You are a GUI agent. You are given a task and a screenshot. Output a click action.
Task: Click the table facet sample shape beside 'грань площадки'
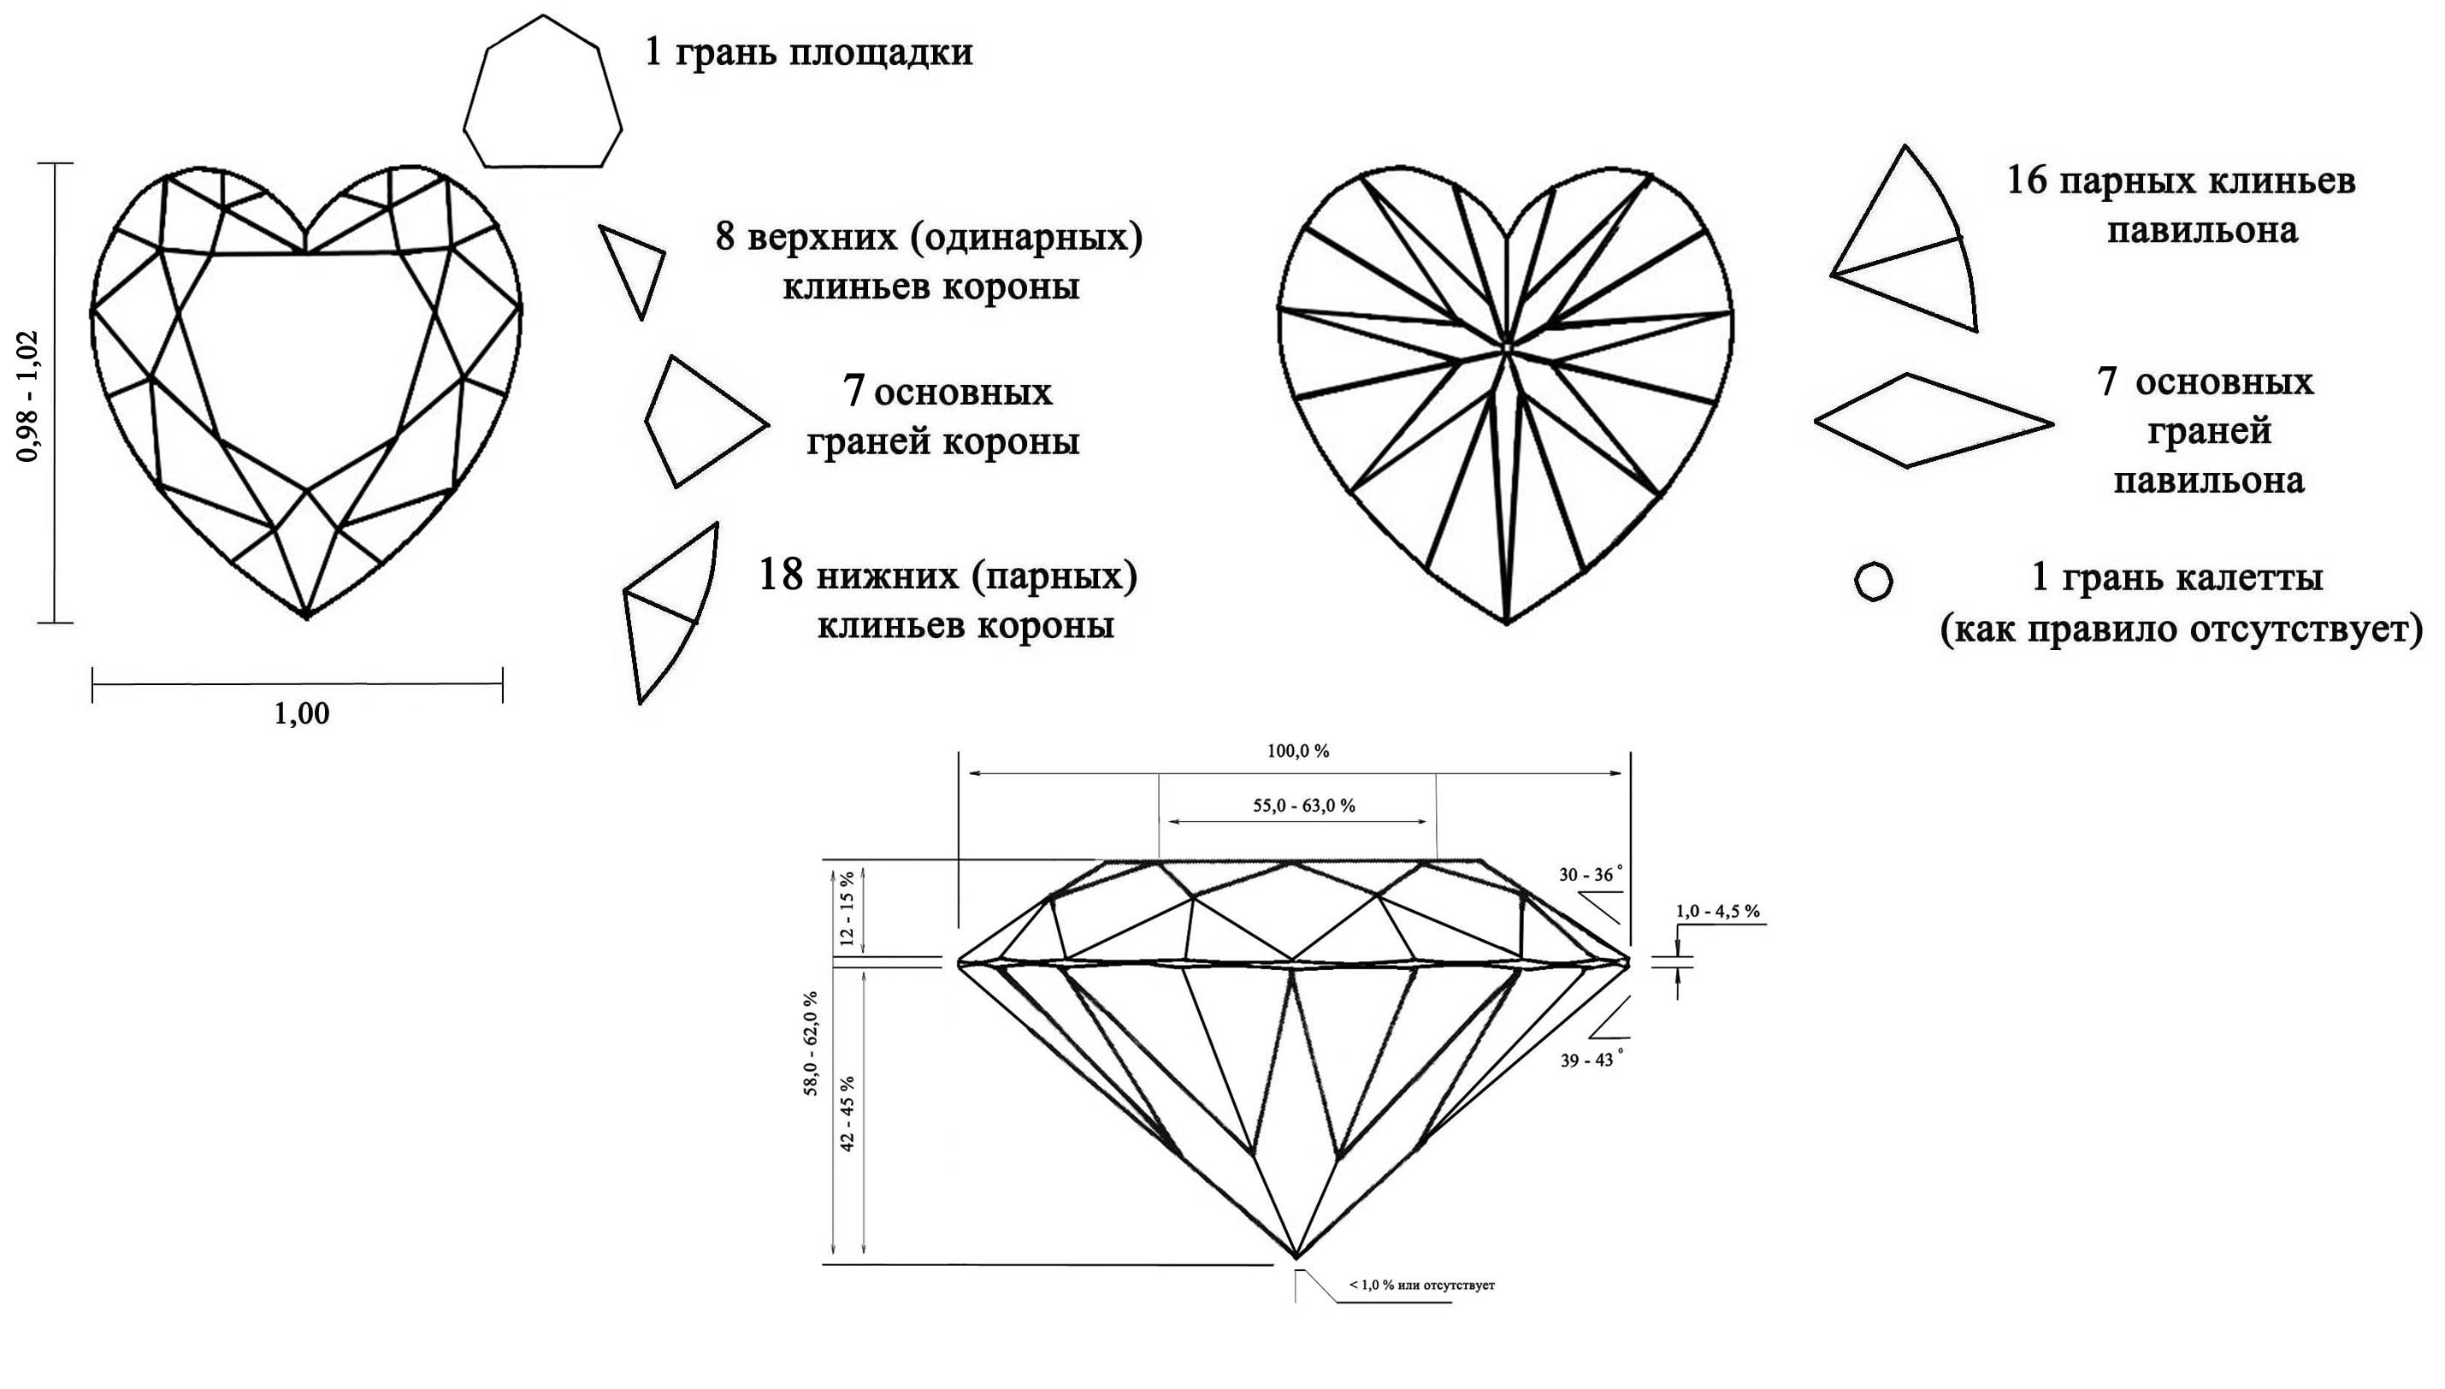tap(542, 92)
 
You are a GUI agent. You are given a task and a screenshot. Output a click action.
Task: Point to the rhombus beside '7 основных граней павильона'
tap(1933, 421)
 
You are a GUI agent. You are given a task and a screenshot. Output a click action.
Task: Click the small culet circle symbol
tap(1874, 581)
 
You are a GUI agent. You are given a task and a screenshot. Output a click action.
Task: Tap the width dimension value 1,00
tap(301, 713)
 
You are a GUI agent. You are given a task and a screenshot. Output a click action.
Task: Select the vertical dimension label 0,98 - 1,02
tap(28, 396)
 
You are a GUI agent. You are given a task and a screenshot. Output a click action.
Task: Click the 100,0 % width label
tap(1298, 752)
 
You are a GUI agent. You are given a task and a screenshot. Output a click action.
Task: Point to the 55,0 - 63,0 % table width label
tap(1303, 806)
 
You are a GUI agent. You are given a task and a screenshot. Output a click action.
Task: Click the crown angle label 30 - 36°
tap(1590, 875)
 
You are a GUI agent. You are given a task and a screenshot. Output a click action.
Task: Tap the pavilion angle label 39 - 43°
tap(1591, 1059)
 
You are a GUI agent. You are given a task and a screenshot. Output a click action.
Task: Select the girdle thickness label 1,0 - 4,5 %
tap(1717, 911)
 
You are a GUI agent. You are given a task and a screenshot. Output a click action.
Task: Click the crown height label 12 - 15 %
tap(847, 907)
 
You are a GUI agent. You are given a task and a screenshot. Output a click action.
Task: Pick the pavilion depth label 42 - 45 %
tap(847, 1114)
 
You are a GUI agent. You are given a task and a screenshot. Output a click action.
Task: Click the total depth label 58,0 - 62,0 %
tap(811, 1043)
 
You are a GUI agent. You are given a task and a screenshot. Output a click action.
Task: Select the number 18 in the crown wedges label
tap(781, 576)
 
